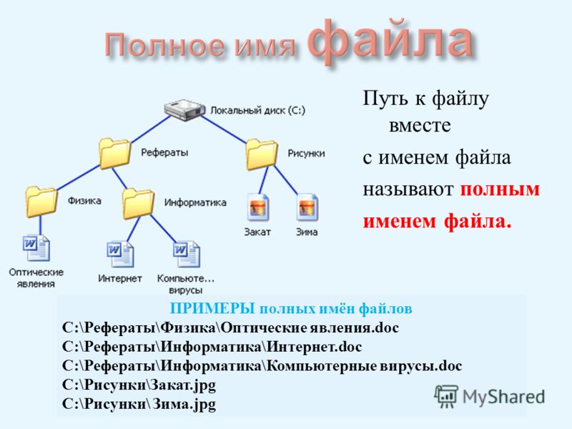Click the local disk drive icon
[184, 110]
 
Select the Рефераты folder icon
[115, 153]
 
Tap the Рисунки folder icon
[261, 154]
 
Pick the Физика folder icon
[41, 201]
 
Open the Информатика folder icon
[138, 204]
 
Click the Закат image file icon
[258, 207]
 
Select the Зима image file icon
[307, 207]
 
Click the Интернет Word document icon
[120, 255]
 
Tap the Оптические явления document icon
[36, 248]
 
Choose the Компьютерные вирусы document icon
[186, 254]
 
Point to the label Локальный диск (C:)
[257, 111]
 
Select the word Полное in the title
[165, 46]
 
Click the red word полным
[500, 189]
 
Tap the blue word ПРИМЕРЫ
[212, 309]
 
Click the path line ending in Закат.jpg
[139, 385]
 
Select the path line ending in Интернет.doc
[212, 347]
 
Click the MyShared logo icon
[445, 396]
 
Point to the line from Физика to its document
[40, 225]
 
